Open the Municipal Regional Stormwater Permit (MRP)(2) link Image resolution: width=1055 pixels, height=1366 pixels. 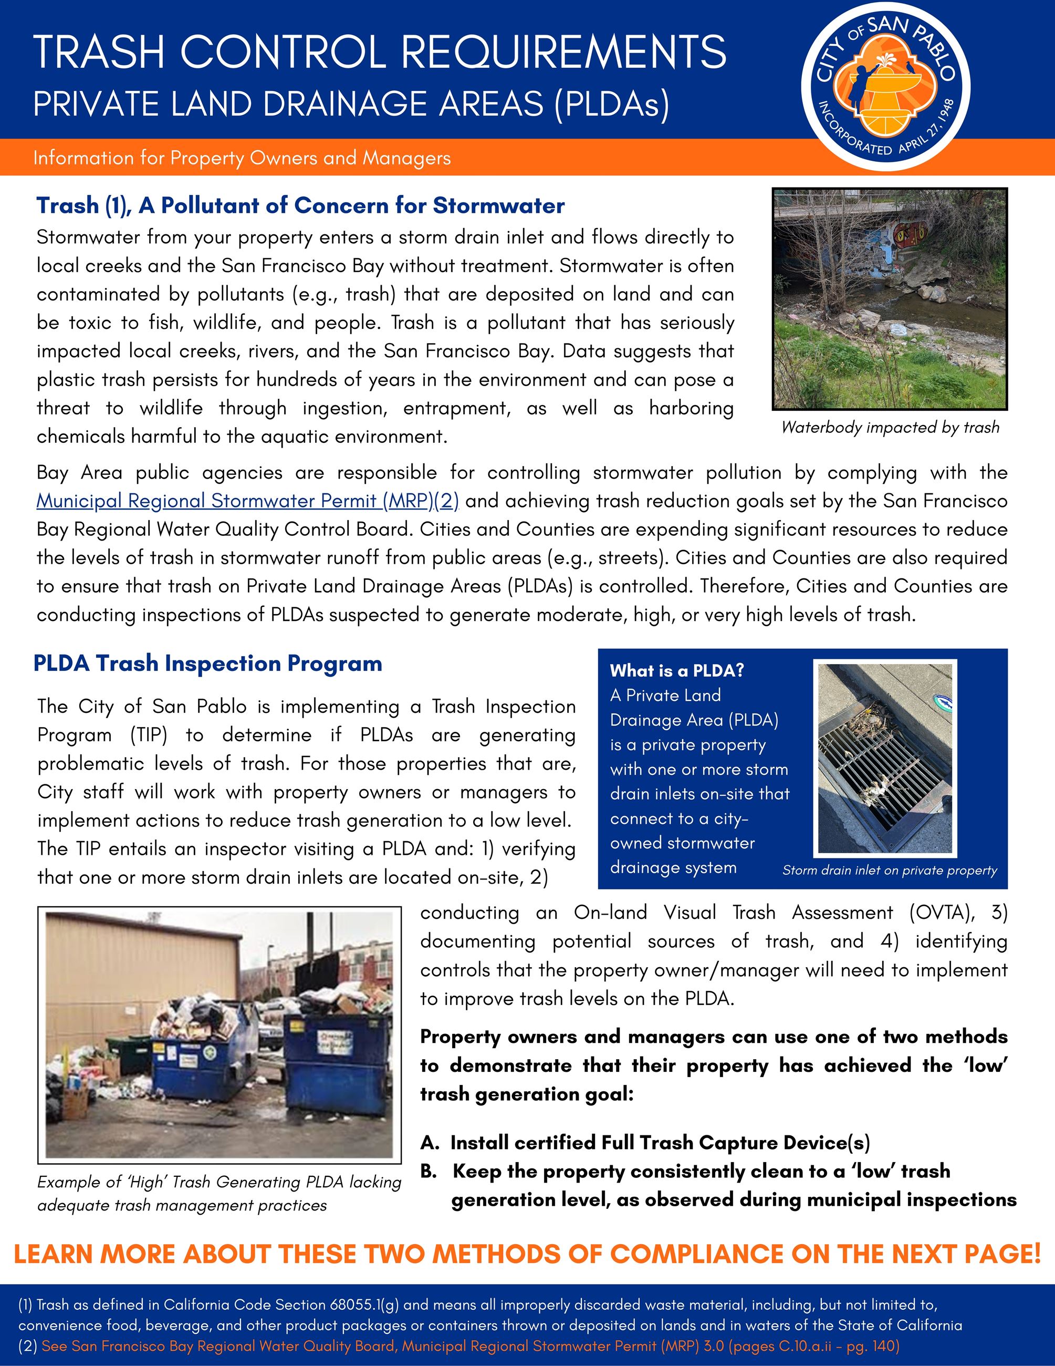tap(247, 501)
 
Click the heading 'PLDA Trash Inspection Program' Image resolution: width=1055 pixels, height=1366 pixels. tap(207, 664)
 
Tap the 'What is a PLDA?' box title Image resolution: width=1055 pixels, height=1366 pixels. tap(677, 670)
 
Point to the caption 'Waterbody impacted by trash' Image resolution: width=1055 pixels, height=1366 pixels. tap(890, 428)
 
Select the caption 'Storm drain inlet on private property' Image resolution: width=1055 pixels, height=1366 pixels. tap(890, 870)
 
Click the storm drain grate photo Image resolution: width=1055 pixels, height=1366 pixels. tap(884, 759)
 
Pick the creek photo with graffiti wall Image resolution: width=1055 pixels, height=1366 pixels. tap(890, 298)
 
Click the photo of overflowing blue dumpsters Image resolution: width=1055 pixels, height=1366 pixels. tap(220, 1035)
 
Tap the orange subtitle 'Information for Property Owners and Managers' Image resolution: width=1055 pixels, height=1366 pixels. tap(242, 158)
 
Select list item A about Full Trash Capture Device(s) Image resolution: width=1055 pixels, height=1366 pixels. tap(645, 1143)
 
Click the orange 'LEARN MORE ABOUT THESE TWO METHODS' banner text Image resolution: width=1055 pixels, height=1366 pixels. tap(527, 1254)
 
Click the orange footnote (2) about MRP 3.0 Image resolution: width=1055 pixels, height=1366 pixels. tap(470, 1346)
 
